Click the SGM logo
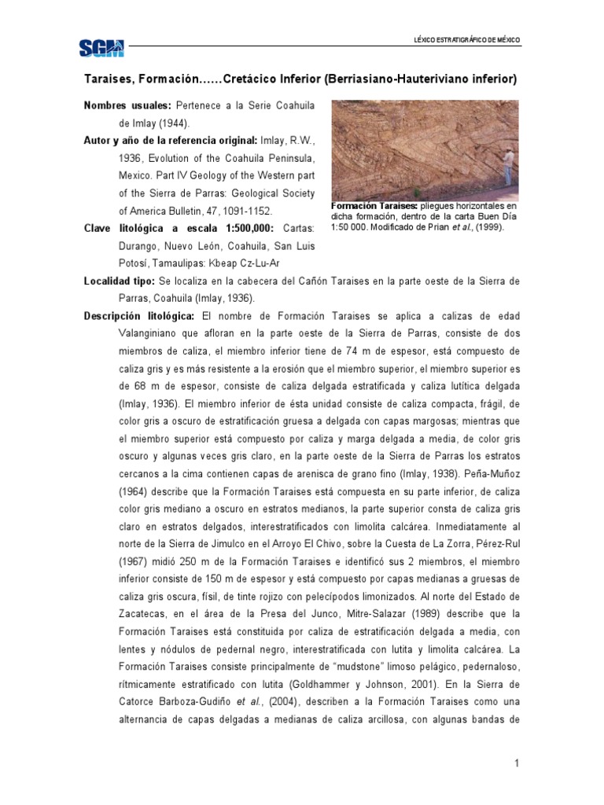[x=101, y=49]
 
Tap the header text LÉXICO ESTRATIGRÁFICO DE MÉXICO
[x=467, y=39]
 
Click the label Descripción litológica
[x=140, y=316]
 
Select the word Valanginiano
[x=154, y=333]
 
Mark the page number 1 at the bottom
[x=517, y=763]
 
